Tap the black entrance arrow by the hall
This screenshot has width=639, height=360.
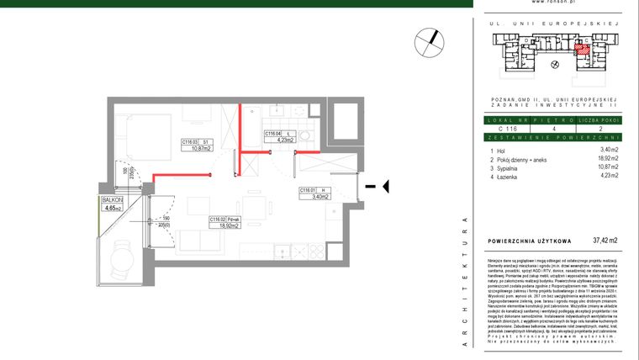click(x=378, y=187)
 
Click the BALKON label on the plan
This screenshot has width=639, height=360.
click(x=111, y=200)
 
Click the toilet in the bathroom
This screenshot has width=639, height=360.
click(x=306, y=138)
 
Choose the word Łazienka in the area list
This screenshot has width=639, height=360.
click(x=512, y=177)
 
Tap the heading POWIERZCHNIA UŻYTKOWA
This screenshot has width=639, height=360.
click(x=529, y=241)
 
